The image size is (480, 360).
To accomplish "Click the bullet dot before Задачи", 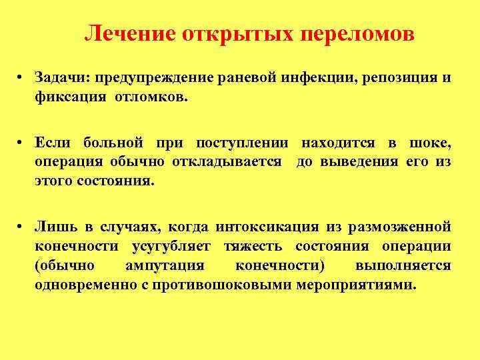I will pyautogui.click(x=22, y=79).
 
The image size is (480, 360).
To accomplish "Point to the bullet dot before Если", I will pyautogui.click(x=22, y=143).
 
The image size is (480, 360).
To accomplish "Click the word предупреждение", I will pyautogui.click(x=154, y=79).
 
